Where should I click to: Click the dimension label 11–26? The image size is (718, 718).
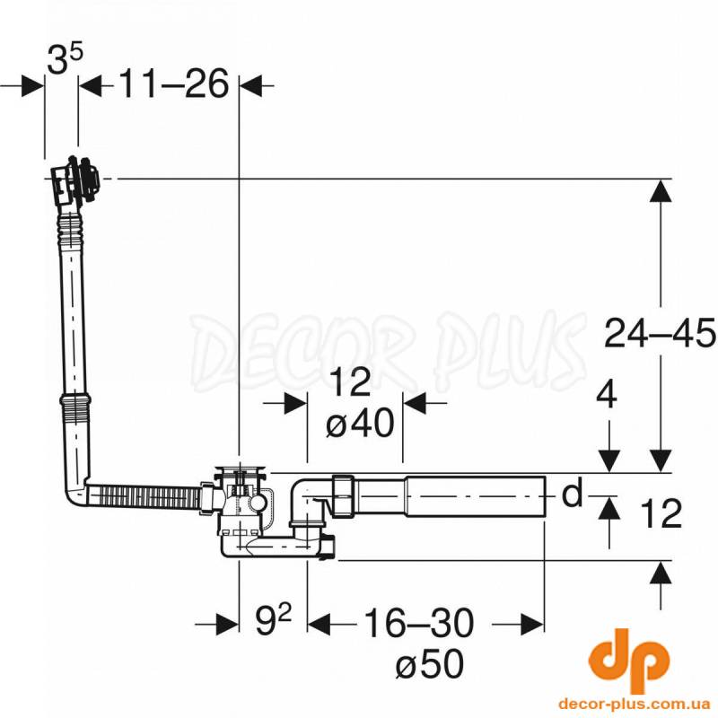(173, 84)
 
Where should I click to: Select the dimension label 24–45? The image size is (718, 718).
(660, 333)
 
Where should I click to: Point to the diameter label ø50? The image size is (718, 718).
(430, 664)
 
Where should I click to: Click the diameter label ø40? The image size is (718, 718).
(360, 423)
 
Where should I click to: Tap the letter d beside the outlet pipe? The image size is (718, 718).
(572, 492)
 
